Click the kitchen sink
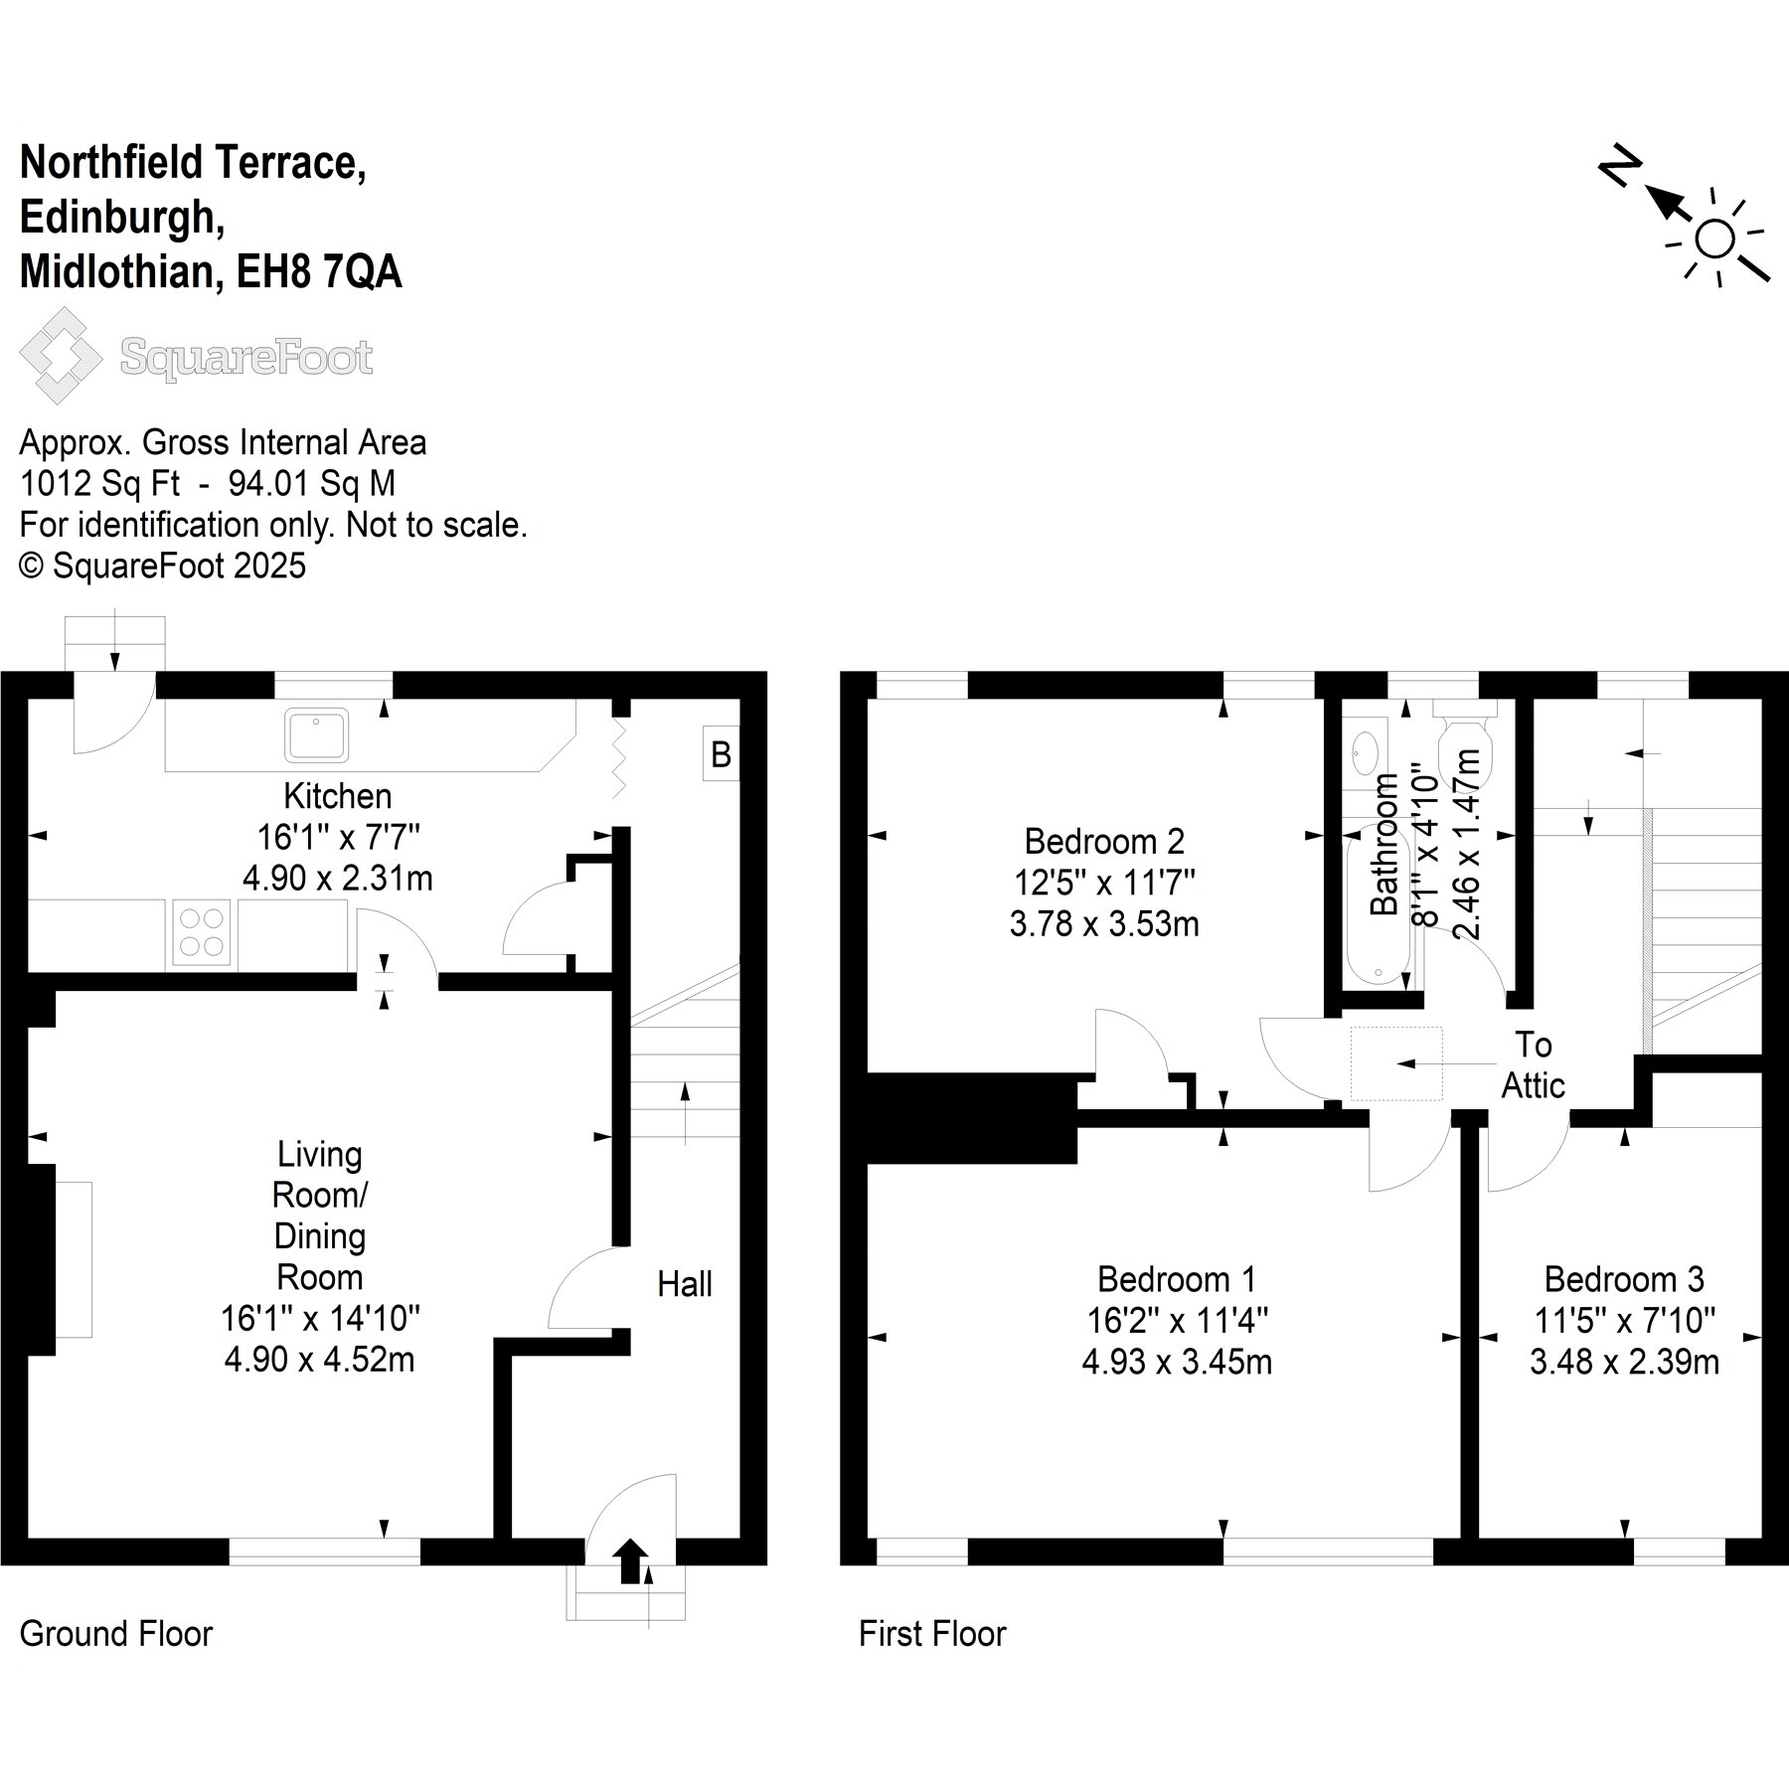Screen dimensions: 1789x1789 coord(316,734)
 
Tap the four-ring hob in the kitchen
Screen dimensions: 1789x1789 coord(202,932)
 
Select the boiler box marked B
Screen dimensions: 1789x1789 coord(721,754)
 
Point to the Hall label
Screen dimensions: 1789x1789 coord(685,1284)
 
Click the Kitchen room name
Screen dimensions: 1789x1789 coord(338,796)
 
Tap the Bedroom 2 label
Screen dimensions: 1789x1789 coord(1104,842)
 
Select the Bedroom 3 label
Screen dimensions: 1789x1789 coord(1624,1278)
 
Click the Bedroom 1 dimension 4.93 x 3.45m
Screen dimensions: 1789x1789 coord(1177,1362)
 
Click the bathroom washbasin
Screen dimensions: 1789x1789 coord(1365,752)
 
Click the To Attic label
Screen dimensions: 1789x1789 coord(1533,1064)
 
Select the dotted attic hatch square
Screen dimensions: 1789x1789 coord(1395,1063)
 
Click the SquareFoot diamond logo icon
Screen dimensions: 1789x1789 coord(61,356)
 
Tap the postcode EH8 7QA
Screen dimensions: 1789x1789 coord(319,271)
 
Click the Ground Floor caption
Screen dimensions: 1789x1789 coord(116,1634)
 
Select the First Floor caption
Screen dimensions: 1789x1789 coord(932,1634)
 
